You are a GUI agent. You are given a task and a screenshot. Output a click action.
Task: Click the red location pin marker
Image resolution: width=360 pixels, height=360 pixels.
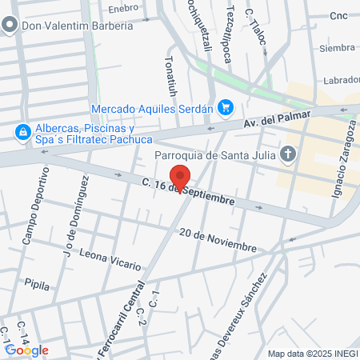[x=181, y=178]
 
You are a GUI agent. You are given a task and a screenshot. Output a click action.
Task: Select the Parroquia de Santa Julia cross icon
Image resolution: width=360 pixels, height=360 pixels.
[x=289, y=154]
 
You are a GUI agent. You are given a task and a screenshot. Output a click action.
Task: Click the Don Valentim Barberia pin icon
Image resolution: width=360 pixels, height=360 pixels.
[x=9, y=26]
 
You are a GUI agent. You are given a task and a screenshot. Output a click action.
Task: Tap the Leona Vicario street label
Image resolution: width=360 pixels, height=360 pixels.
[x=110, y=258]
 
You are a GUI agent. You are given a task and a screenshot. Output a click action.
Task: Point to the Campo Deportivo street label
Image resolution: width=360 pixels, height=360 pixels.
[x=35, y=207]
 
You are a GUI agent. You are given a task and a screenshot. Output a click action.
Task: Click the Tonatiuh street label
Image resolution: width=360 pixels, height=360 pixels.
[x=170, y=74]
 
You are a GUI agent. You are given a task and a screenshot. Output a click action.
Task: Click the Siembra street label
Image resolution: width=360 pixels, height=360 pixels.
[x=336, y=48]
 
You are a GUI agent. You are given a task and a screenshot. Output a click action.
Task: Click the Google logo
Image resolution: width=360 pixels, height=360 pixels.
[x=26, y=350]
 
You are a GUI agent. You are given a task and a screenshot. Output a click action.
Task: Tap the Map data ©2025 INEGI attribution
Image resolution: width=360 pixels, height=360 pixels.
[x=312, y=354]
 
